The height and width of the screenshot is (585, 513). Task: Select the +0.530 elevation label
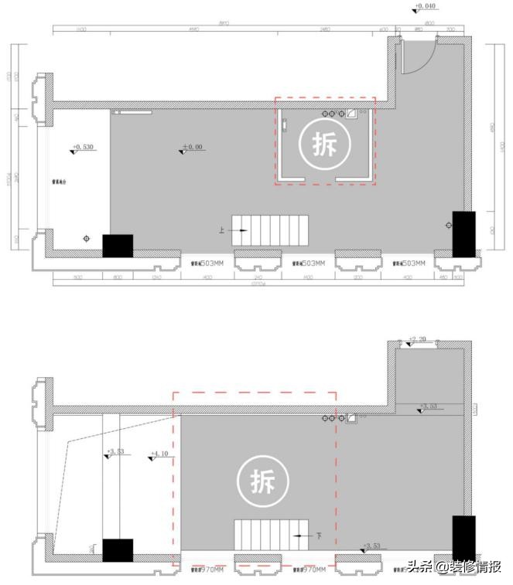pos(83,146)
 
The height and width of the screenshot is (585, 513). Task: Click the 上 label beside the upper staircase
pos(223,230)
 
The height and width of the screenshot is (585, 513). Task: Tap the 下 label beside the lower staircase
pos(318,535)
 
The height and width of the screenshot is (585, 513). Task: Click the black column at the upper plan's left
pos(118,246)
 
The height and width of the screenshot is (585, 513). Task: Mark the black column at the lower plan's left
pos(118,550)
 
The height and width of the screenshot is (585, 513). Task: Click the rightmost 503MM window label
pos(409,264)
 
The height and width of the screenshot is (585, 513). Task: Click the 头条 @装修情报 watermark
pos(454,566)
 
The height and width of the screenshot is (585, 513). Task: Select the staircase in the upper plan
pos(270,231)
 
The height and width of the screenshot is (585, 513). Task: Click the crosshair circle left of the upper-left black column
pos(86,239)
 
